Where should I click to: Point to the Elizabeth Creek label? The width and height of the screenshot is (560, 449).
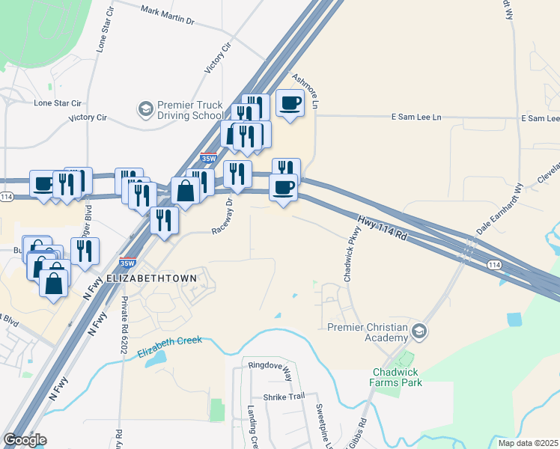pos(169,346)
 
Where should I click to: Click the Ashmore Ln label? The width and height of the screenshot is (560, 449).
pos(309,90)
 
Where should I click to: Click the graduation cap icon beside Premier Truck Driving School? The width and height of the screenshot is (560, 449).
pos(144,110)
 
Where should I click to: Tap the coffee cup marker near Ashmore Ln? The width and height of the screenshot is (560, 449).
pos(290,103)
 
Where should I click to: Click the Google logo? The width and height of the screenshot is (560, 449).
pos(25,440)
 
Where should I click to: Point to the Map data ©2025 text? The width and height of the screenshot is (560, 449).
pos(528,443)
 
